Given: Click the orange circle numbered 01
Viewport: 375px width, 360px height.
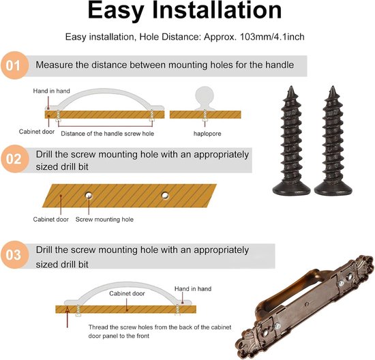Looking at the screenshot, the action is click(14, 65).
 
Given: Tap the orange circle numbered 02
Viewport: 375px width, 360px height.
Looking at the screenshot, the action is click(14, 159).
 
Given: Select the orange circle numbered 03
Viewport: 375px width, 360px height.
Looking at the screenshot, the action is click(14, 254).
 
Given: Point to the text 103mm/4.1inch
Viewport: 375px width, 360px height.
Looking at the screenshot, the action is click(272, 37).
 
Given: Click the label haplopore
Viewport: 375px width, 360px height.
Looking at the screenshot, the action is click(207, 134).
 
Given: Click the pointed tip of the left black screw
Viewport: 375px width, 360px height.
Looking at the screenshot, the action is click(291, 87).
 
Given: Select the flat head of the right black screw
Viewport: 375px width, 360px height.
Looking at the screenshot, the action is click(333, 188).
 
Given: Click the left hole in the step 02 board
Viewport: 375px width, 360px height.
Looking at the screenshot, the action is click(89, 196).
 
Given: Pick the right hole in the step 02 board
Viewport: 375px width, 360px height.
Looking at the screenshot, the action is click(165, 196).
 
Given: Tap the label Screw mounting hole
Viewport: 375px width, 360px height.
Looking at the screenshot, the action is click(104, 220).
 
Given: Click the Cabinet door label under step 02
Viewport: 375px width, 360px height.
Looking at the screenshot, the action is click(50, 220).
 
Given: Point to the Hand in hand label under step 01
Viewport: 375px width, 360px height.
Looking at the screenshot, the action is click(51, 91).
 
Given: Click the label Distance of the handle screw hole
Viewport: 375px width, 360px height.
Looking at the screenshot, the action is click(107, 134).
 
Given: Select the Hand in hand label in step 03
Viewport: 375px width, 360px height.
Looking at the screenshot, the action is click(193, 288).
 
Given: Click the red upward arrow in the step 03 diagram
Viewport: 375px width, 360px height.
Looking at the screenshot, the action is click(67, 317).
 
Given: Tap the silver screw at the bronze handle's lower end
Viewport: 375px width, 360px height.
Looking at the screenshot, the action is click(277, 325).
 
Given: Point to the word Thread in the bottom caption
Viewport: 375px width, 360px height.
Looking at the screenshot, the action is click(97, 327).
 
